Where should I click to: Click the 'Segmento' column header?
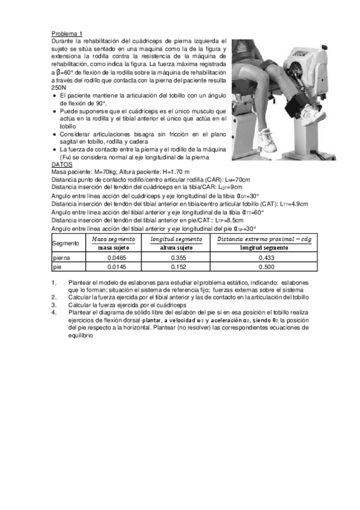point(66,243)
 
